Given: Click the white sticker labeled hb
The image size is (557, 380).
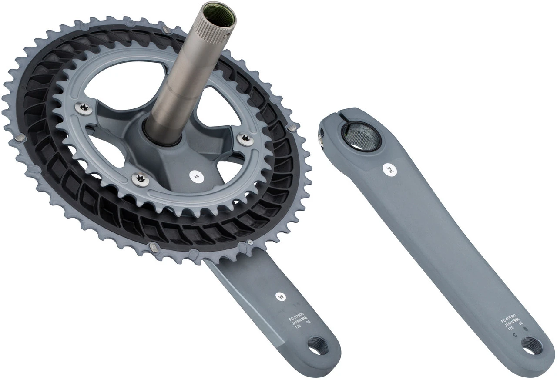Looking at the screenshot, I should pyautogui.click(x=197, y=176).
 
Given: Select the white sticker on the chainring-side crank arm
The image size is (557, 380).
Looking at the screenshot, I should pyautogui.click(x=280, y=296).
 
